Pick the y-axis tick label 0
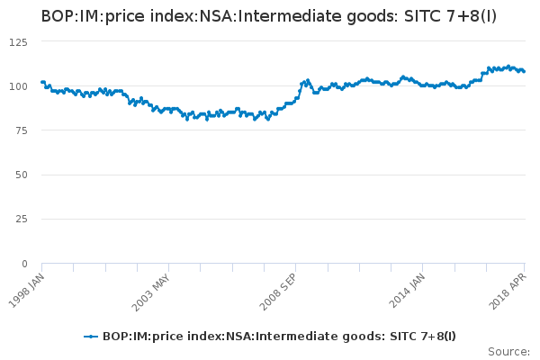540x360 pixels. [x=24, y=263]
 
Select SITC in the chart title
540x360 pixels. [x=447, y=16]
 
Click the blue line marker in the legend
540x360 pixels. [x=90, y=336]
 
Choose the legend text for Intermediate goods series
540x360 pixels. [x=279, y=336]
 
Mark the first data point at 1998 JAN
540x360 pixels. [x=42, y=82]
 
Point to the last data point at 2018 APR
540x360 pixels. [x=524, y=71]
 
